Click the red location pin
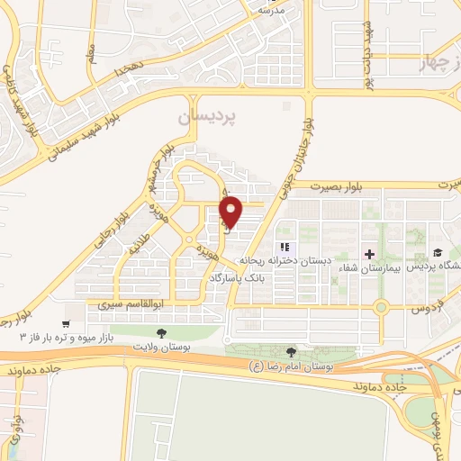point(231,211)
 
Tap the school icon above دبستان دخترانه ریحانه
point(285,247)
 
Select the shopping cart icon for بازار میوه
point(66,323)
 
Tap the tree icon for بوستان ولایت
point(161,333)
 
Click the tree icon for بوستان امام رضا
point(290,353)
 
